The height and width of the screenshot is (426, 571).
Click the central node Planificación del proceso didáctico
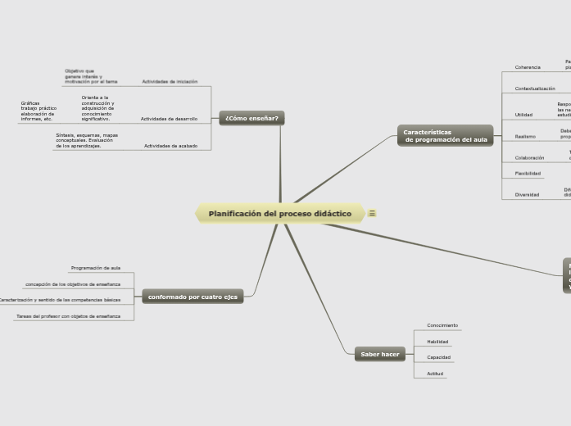tap(280, 214)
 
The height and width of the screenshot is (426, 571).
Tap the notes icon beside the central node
tap(373, 214)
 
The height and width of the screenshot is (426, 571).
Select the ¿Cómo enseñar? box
tap(252, 118)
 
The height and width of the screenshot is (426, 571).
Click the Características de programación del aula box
tap(445, 136)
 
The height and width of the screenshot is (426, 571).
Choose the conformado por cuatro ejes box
tap(193, 297)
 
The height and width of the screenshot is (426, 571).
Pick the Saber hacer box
tap(379, 354)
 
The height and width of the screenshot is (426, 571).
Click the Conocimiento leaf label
tap(442, 325)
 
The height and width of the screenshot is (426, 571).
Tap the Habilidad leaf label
tap(437, 342)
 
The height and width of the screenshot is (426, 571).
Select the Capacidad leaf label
tap(438, 357)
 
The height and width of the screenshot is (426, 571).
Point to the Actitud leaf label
tap(435, 374)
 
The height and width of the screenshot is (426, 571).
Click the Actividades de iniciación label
tap(170, 82)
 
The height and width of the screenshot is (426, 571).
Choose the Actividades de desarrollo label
tap(169, 119)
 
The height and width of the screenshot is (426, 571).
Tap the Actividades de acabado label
tap(170, 146)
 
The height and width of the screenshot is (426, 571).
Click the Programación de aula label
tap(96, 268)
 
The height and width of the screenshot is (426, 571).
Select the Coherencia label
tap(528, 67)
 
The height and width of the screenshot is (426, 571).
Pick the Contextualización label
tap(534, 88)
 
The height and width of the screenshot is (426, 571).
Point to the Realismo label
tap(525, 136)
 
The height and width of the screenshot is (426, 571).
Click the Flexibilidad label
tap(528, 174)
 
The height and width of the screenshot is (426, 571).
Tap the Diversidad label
tap(527, 195)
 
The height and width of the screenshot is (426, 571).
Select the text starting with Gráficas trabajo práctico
tap(39, 111)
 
